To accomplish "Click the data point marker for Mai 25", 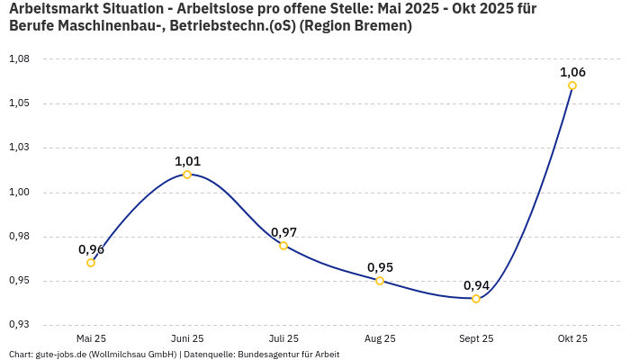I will pyautogui.click(x=91, y=263).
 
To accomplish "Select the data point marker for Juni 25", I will pyautogui.click(x=187, y=175).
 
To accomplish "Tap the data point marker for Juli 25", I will pyautogui.click(x=283, y=246).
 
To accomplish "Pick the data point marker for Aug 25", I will pyautogui.click(x=380, y=281).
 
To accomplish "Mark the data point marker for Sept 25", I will pyautogui.click(x=476, y=299).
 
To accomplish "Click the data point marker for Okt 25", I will pyautogui.click(x=572, y=85).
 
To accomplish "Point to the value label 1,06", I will pyautogui.click(x=572, y=72).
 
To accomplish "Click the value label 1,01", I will pyautogui.click(x=187, y=161).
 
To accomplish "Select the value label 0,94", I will pyautogui.click(x=476, y=285).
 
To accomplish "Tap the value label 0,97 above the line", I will pyautogui.click(x=283, y=232).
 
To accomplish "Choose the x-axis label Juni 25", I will pyautogui.click(x=187, y=338).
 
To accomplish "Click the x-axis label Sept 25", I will pyautogui.click(x=476, y=338).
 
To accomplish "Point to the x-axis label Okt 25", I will pyautogui.click(x=572, y=338).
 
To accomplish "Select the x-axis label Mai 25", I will pyautogui.click(x=91, y=338).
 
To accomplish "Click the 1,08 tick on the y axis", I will pyautogui.click(x=19, y=59).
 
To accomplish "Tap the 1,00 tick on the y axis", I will pyautogui.click(x=19, y=193).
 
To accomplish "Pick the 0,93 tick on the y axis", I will pyautogui.click(x=19, y=325).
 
